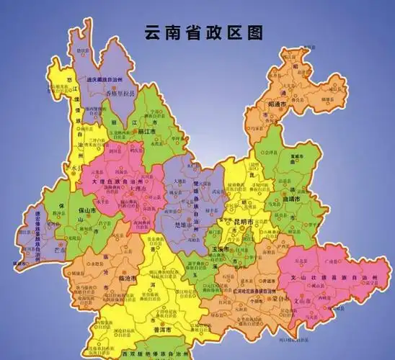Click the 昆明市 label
click(239, 223)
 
